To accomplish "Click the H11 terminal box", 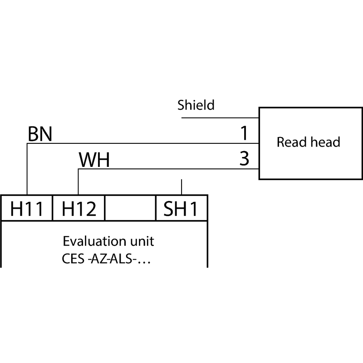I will coord(27,208).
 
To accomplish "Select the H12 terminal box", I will coord(79,208).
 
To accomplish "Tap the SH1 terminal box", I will coord(181,208).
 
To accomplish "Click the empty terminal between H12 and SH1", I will coord(130,208).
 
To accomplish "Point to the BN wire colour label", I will coord(40,134).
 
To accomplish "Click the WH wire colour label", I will coord(94,161).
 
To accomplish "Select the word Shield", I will coord(196,106).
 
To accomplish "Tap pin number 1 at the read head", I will coord(245,133).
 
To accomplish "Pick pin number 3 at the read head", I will coord(245,159).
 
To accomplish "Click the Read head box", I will coord(308,143).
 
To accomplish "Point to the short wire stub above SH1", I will coord(181,187).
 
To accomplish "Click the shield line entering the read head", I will coord(220,118).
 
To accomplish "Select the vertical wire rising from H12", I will coord(78,181).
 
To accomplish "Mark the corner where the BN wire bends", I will coord(27,143).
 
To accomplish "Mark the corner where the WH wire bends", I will coord(78,169).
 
